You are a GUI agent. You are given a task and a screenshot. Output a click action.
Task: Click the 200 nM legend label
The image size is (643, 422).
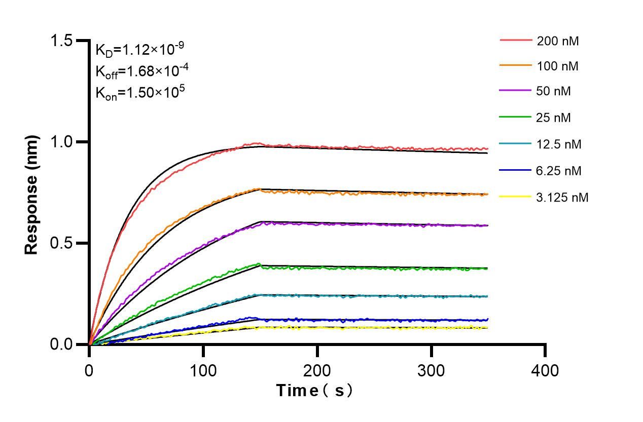(558, 41)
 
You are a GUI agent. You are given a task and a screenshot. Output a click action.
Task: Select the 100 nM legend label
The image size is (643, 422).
(558, 66)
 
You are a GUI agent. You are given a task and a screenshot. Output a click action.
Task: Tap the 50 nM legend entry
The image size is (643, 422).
(554, 92)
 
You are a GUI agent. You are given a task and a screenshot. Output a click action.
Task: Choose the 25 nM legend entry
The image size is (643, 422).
(554, 118)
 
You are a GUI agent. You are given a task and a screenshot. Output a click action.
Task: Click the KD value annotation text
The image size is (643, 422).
(139, 50)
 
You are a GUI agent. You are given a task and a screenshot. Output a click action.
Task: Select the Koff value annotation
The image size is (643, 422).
(139, 71)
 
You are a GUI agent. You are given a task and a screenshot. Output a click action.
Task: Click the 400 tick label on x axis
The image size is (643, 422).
(545, 370)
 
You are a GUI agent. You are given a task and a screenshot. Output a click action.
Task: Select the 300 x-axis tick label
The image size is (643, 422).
(431, 370)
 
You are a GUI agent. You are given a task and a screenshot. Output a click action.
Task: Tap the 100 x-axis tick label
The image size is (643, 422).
(203, 370)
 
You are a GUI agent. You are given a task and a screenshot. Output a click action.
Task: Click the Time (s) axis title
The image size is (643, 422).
(314, 391)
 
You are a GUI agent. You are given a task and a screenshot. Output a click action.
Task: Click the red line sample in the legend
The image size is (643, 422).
(516, 40)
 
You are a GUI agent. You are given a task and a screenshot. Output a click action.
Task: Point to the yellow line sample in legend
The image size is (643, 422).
(516, 197)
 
